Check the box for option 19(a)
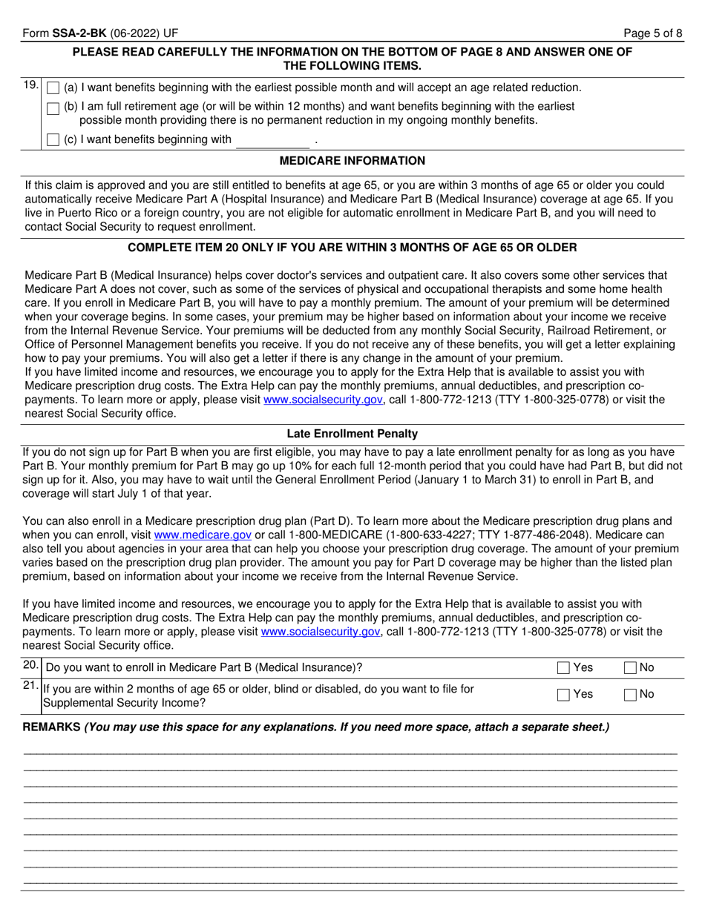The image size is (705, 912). pos(53,88)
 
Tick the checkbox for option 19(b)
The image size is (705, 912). pos(53,108)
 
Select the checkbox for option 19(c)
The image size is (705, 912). pos(53,139)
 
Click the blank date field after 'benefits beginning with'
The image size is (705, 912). pos(272,140)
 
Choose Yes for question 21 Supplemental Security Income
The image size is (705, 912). pos(563,695)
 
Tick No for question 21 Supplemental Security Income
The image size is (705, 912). pos(630,695)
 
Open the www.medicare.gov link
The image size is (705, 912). pos(203,535)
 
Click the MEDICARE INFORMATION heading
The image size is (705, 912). pos(352,161)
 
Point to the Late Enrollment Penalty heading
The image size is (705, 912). pos(352,434)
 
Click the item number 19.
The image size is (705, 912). pos(30,85)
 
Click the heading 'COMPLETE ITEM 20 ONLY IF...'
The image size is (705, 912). pos(352,247)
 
